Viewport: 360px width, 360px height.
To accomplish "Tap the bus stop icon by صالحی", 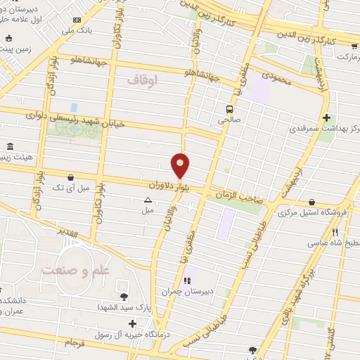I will (229, 109).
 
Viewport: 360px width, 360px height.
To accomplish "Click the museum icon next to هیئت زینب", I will (9, 146).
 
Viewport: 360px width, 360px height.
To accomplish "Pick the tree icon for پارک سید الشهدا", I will (124, 297).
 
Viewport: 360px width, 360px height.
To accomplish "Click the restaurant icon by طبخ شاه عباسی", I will (335, 232).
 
